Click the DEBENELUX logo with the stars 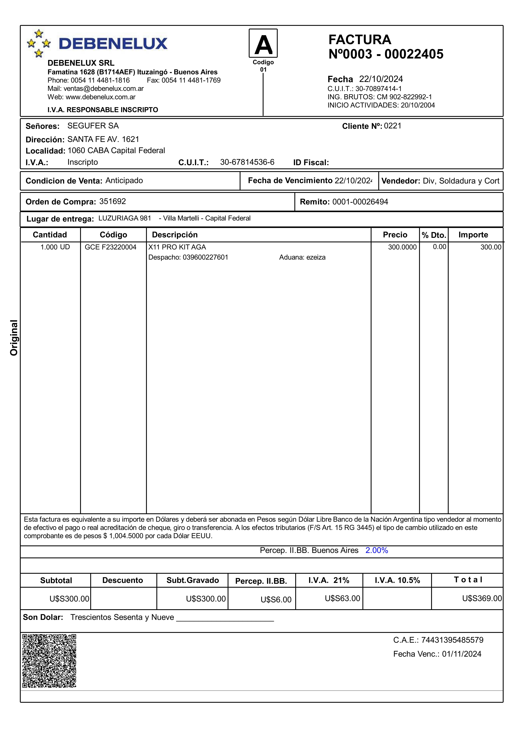[97, 44]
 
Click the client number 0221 [393, 126]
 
